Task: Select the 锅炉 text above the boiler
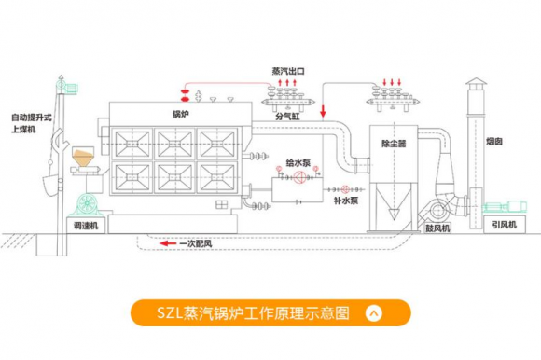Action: (182, 114)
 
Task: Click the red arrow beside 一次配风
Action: (168, 245)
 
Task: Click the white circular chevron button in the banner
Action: (374, 313)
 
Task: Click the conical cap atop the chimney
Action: (476, 83)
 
